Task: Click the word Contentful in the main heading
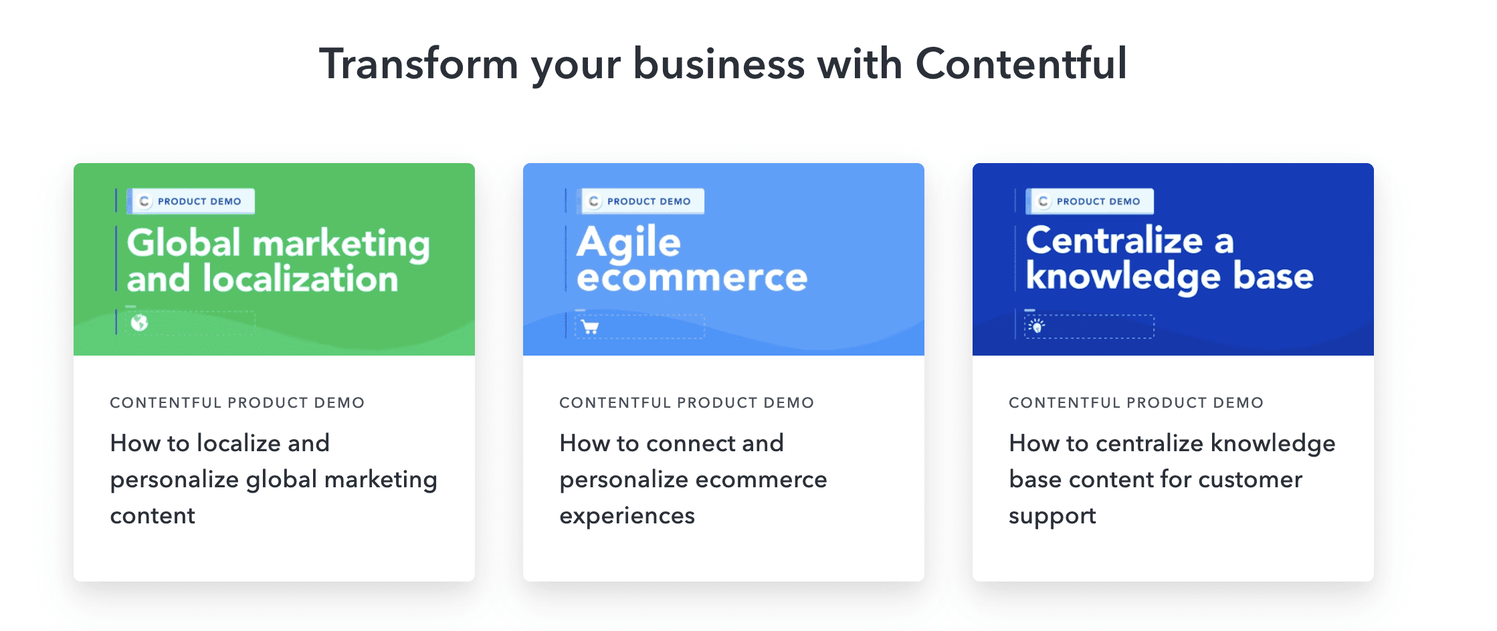[x=1021, y=64]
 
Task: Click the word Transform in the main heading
[x=419, y=64]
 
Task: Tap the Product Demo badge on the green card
[x=191, y=201]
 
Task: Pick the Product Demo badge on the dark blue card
[x=1090, y=201]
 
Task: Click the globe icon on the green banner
[x=139, y=323]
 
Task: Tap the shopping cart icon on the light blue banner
[x=590, y=327]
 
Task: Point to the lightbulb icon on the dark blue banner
[x=1037, y=326]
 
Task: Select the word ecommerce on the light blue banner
[x=692, y=277]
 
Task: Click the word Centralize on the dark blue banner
[x=1114, y=240]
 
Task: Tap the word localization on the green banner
[x=300, y=278]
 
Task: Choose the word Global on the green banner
[x=184, y=242]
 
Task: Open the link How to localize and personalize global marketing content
[x=274, y=479]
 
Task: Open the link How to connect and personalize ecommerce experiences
[x=693, y=479]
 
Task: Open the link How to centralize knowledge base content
[x=1172, y=479]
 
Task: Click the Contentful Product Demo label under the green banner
[x=237, y=402]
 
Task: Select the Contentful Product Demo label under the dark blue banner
[x=1136, y=402]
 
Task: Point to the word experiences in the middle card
[x=627, y=516]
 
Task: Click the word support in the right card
[x=1052, y=517]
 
